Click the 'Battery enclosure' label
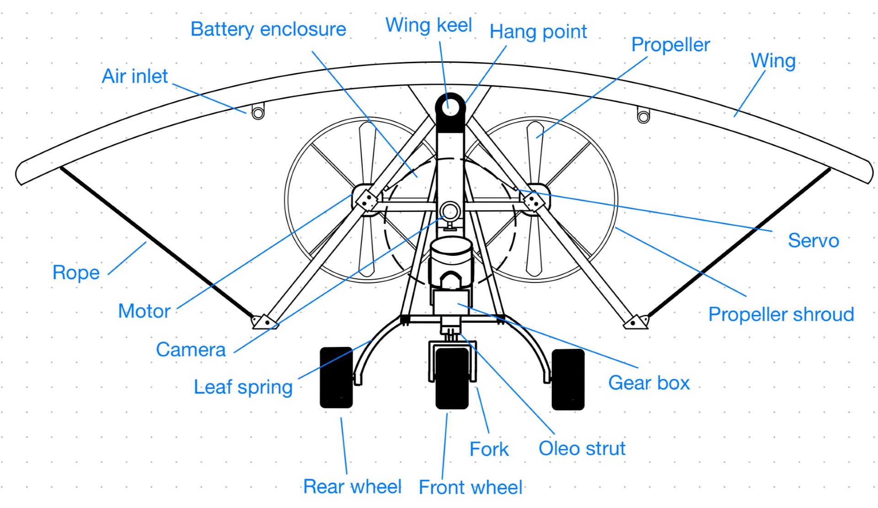[268, 29]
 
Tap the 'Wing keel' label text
[428, 25]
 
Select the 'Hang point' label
[538, 32]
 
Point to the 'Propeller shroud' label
[781, 315]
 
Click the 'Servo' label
[813, 241]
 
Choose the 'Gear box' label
[648, 383]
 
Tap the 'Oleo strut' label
[582, 449]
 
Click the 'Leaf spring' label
[243, 387]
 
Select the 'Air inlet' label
[134, 76]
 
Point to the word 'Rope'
[76, 273]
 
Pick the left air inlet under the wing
[258, 112]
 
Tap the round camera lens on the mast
[450, 211]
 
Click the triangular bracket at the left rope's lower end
[264, 322]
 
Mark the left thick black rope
[155, 243]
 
